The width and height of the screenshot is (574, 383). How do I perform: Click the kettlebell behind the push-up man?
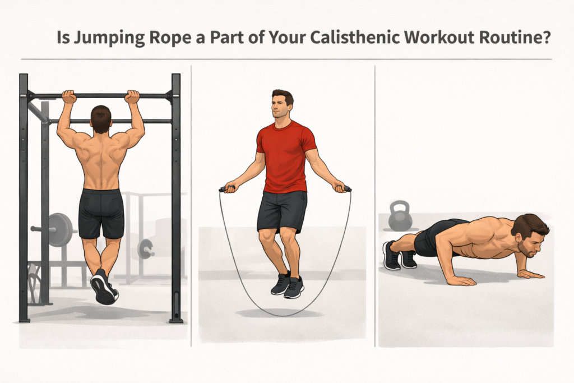[400, 218]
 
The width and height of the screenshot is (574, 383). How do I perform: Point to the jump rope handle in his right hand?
[226, 189]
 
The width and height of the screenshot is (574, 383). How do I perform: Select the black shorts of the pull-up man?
[101, 212]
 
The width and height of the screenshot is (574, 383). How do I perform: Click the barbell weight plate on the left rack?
[62, 229]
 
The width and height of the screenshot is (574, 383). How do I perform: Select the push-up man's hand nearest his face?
[529, 274]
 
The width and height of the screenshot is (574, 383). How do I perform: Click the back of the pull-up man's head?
[100, 119]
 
